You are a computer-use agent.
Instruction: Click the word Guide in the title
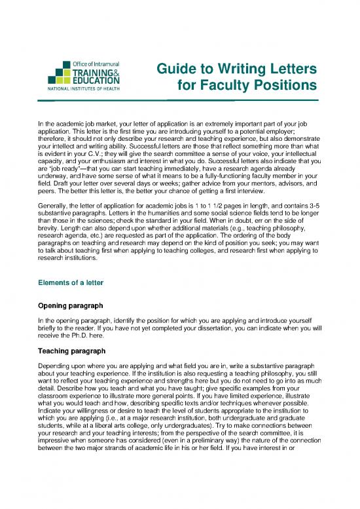tap(176, 69)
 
